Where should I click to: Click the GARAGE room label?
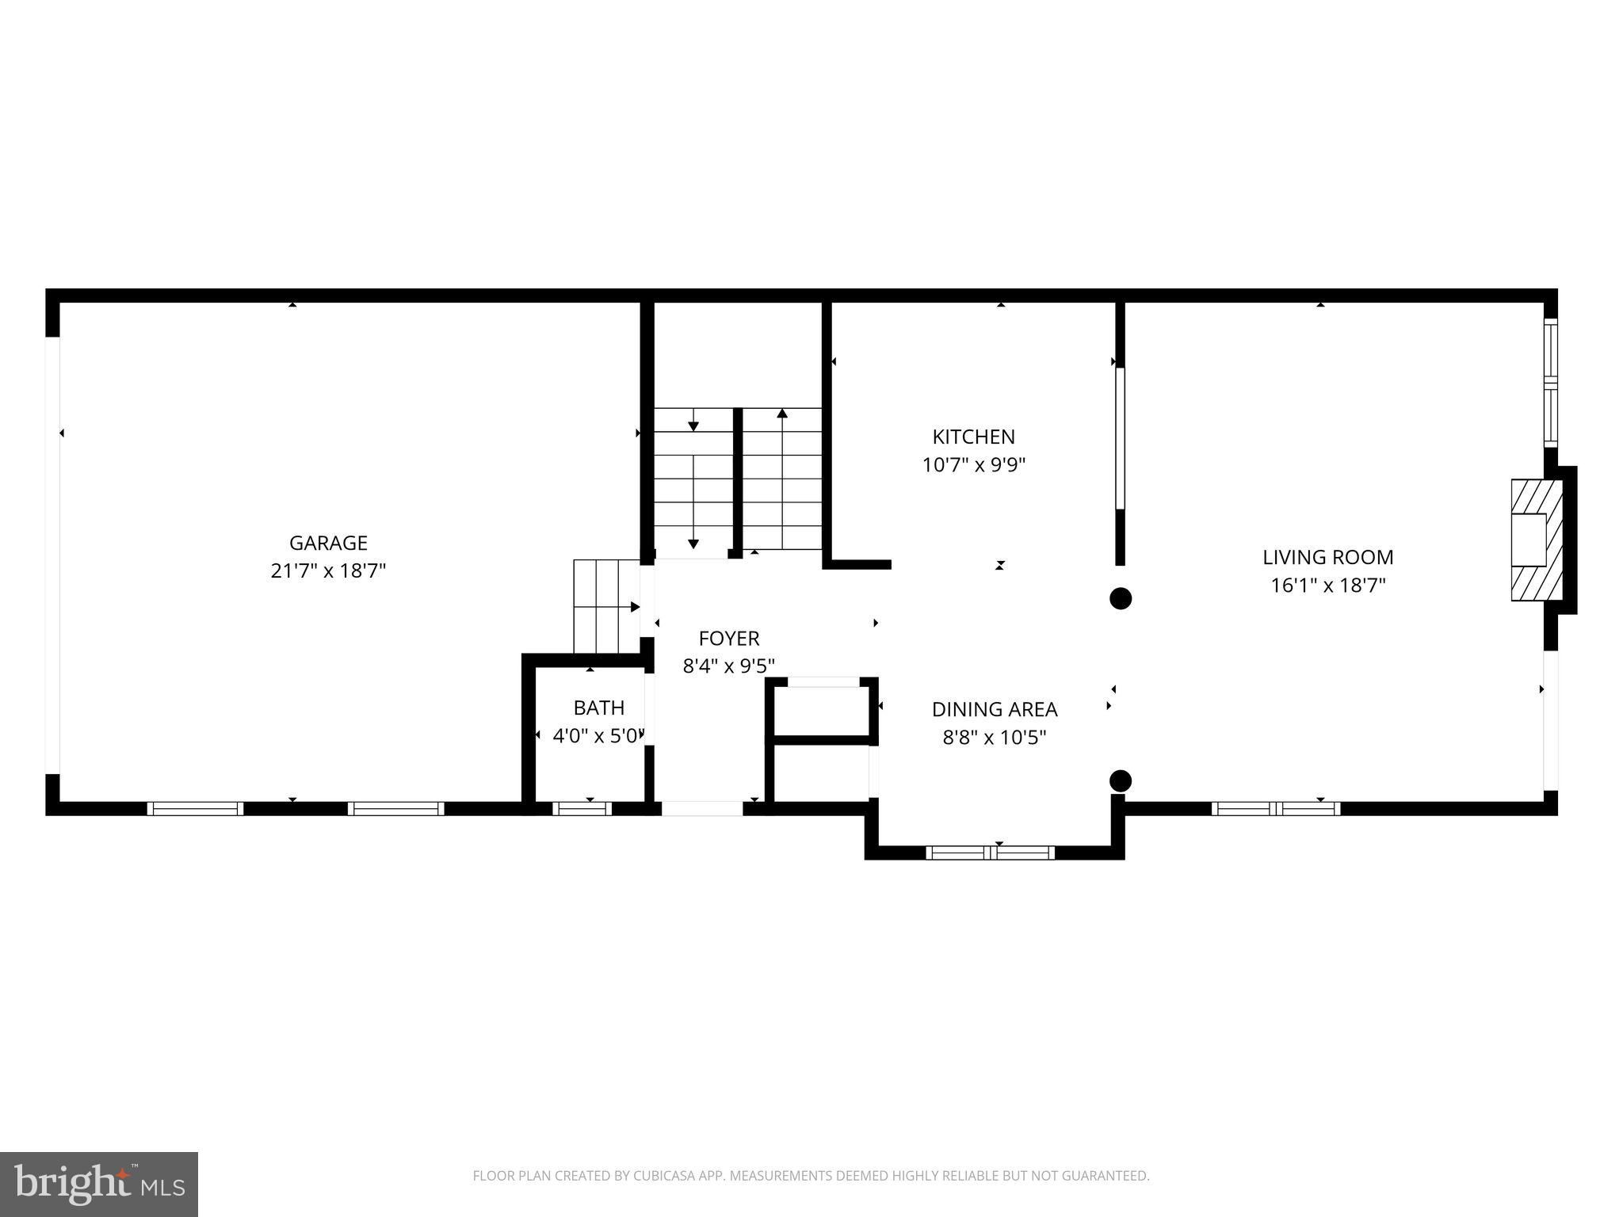click(328, 543)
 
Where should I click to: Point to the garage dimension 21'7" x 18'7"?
click(328, 570)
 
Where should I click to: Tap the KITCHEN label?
click(973, 437)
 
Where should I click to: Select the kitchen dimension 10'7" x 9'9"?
click(973, 465)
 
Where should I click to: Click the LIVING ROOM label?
click(1327, 557)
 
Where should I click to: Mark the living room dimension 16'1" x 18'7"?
click(1327, 586)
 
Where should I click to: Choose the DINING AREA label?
click(994, 709)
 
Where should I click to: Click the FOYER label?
click(729, 638)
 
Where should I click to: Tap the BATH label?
click(599, 708)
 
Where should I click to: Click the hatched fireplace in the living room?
click(1537, 540)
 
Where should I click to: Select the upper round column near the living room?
click(1120, 598)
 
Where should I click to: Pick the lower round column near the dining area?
click(1120, 781)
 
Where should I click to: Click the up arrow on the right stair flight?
click(782, 413)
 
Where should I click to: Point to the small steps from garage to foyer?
click(606, 606)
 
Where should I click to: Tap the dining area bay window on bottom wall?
click(990, 853)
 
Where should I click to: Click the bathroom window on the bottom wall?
click(582, 808)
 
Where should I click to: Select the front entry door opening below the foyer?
click(702, 808)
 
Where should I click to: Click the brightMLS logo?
click(99, 1184)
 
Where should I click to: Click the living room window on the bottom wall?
click(1275, 808)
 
